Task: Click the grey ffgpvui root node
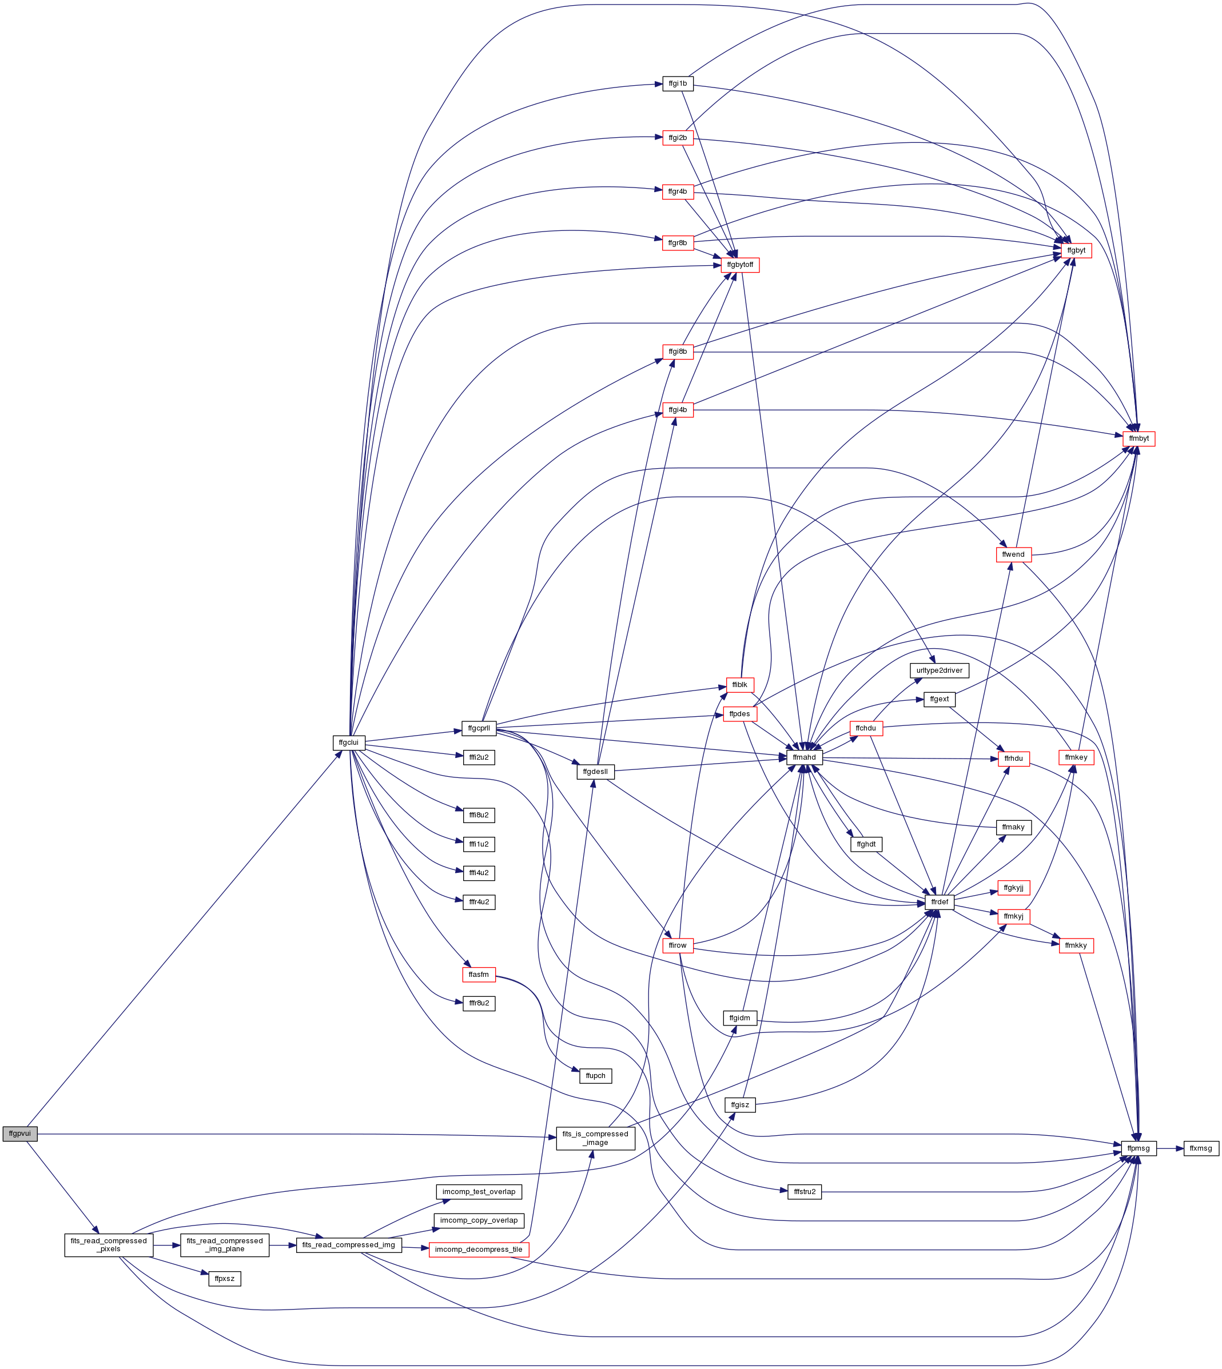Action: point(19,1133)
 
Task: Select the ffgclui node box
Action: point(348,742)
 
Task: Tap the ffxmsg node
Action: point(1200,1148)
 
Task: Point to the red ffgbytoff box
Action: point(740,265)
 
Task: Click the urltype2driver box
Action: point(938,670)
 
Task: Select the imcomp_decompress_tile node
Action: point(479,1250)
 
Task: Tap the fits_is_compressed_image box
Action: point(595,1138)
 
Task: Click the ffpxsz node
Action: point(224,1279)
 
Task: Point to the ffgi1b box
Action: point(678,84)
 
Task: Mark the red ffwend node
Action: point(1013,554)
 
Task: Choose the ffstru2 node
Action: point(805,1192)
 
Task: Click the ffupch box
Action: point(595,1076)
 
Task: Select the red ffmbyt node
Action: point(1139,438)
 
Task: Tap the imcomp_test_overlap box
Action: point(479,1192)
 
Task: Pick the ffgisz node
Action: point(740,1104)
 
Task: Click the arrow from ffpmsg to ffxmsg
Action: point(1169,1148)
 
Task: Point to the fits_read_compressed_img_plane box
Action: point(224,1245)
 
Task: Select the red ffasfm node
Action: point(479,975)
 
